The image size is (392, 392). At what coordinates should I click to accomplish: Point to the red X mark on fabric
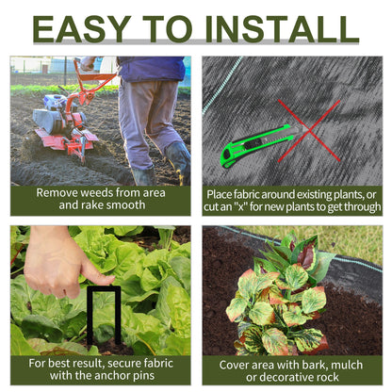[308, 129]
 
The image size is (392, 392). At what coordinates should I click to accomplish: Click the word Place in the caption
[225, 192]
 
